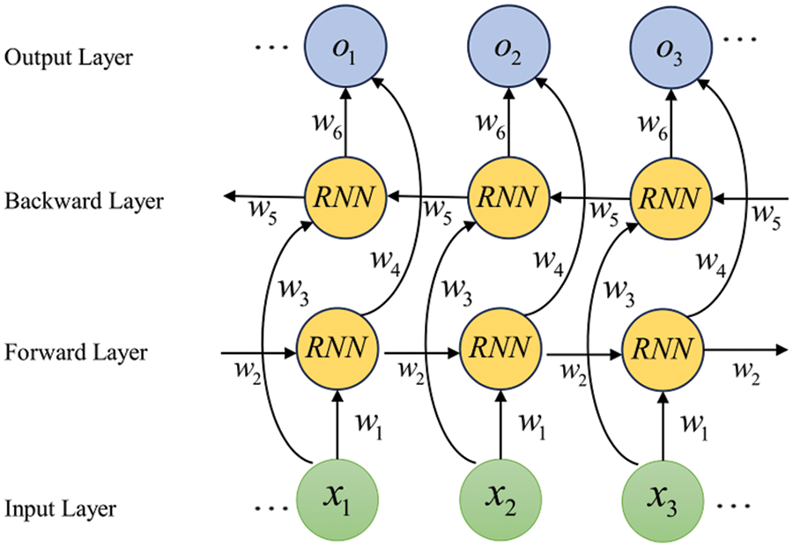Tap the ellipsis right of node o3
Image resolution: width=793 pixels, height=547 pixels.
pyautogui.click(x=738, y=40)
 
